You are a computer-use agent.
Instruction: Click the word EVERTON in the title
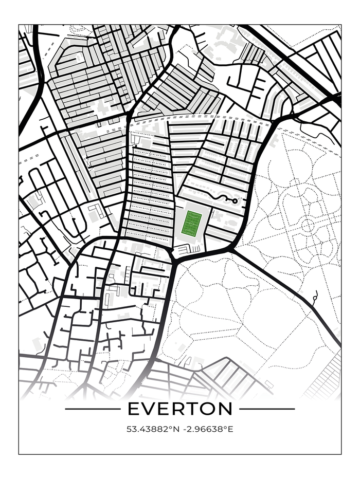point(180,409)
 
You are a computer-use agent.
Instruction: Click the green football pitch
point(193,224)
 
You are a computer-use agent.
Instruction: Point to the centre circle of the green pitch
point(193,224)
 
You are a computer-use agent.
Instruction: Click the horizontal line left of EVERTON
point(93,409)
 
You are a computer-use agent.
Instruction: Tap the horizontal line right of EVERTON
point(267,409)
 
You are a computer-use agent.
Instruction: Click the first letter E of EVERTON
point(133,409)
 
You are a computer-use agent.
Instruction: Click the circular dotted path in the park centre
point(308,225)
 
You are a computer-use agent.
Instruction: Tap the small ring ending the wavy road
point(235,201)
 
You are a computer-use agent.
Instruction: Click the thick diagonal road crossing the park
point(288,298)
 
